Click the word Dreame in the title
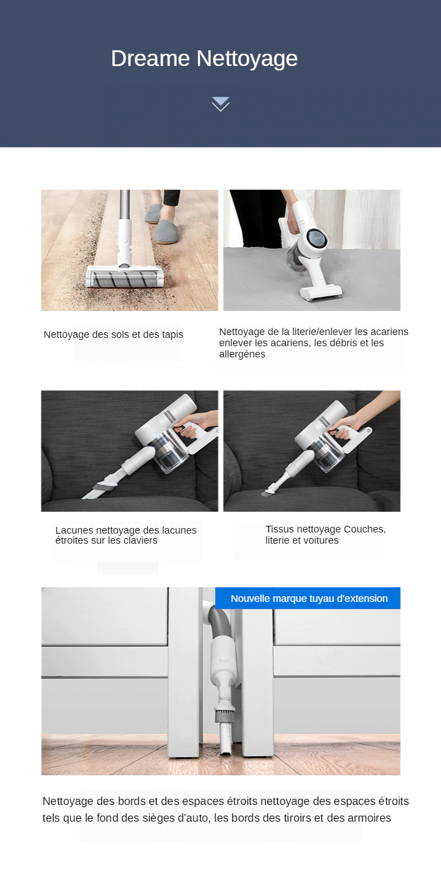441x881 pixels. pyautogui.click(x=150, y=59)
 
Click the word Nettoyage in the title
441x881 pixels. pyautogui.click(x=247, y=59)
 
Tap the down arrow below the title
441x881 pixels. pyautogui.click(x=220, y=104)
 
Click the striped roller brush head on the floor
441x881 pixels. pyautogui.click(x=125, y=276)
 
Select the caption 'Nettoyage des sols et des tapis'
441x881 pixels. pyautogui.click(x=113, y=335)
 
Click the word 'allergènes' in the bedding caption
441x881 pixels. pyautogui.click(x=242, y=354)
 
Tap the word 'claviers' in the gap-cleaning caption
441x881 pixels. pyautogui.click(x=139, y=540)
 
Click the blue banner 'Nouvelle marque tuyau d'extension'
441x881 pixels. pyautogui.click(x=308, y=598)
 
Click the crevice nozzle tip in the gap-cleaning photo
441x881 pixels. pyautogui.click(x=88, y=495)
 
